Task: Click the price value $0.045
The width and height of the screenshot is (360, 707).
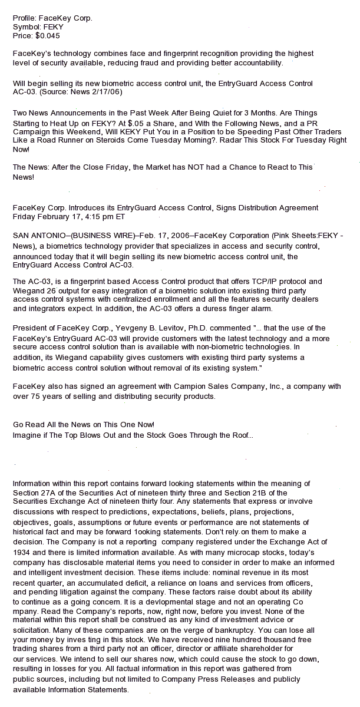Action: [x=48, y=35]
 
